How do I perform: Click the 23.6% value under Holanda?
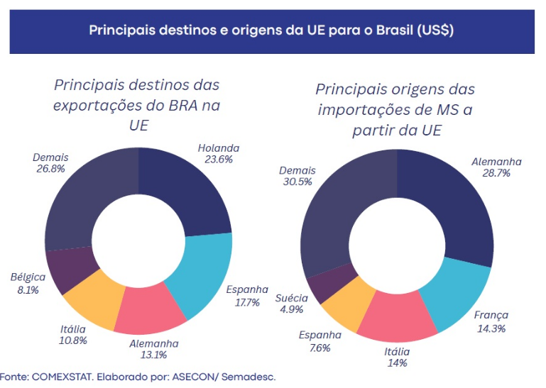[219, 160]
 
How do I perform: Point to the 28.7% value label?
[496, 173]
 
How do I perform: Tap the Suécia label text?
[291, 297]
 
